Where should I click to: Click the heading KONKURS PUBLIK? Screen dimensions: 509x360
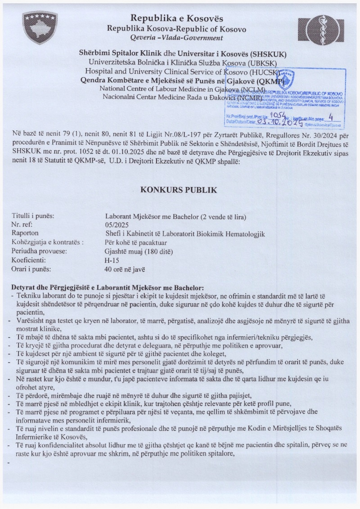pos(179,190)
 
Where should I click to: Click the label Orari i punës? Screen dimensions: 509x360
pos(32,269)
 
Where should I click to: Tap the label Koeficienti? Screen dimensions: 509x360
pos(31,260)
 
